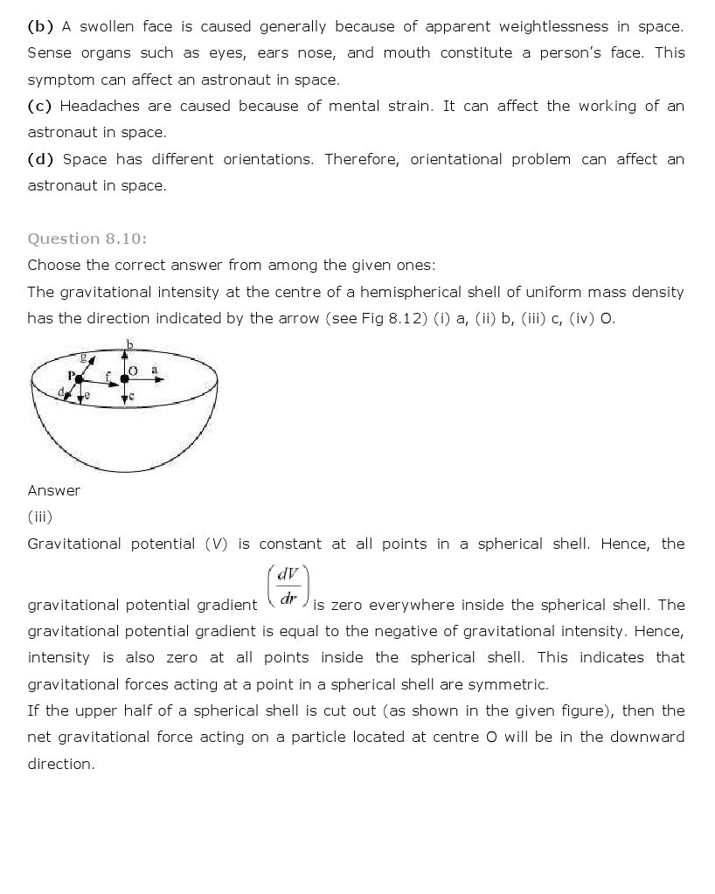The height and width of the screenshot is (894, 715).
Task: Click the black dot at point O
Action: [x=124, y=379]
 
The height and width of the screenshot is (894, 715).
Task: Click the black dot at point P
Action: [x=79, y=379]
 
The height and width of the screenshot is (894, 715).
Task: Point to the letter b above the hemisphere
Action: [x=129, y=345]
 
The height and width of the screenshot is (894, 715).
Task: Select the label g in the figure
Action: [x=84, y=357]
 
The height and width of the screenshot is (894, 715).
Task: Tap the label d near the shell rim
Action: [x=61, y=392]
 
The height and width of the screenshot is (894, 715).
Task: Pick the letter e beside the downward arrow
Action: [x=87, y=395]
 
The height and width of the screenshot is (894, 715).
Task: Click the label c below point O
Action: [x=131, y=397]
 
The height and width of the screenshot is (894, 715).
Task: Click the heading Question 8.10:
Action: [x=87, y=239]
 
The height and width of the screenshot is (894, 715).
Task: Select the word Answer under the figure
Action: [x=54, y=490]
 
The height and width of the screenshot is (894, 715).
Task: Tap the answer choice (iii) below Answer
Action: [x=40, y=516]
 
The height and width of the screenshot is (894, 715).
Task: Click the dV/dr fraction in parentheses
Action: [x=288, y=587]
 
